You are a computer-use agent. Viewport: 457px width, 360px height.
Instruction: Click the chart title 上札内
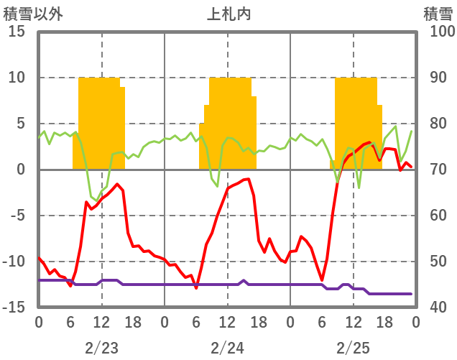point(228,12)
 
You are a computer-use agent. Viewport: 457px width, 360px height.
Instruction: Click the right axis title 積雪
point(437,12)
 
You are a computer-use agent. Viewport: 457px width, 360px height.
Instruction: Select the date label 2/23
point(101,348)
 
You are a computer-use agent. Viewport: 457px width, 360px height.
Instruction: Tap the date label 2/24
point(227,348)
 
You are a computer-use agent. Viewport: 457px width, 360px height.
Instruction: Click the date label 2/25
point(353,348)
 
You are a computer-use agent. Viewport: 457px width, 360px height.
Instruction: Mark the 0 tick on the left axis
point(19,170)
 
